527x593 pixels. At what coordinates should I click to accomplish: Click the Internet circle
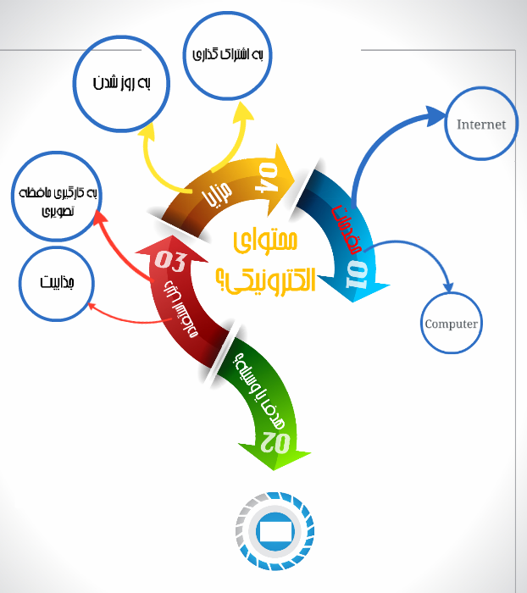click(480, 125)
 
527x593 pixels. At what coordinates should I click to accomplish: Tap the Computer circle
click(451, 323)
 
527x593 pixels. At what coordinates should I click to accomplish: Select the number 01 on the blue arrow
click(357, 270)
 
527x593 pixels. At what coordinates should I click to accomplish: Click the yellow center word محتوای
click(263, 241)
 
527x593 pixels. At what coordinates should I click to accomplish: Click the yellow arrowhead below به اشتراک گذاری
click(245, 114)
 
